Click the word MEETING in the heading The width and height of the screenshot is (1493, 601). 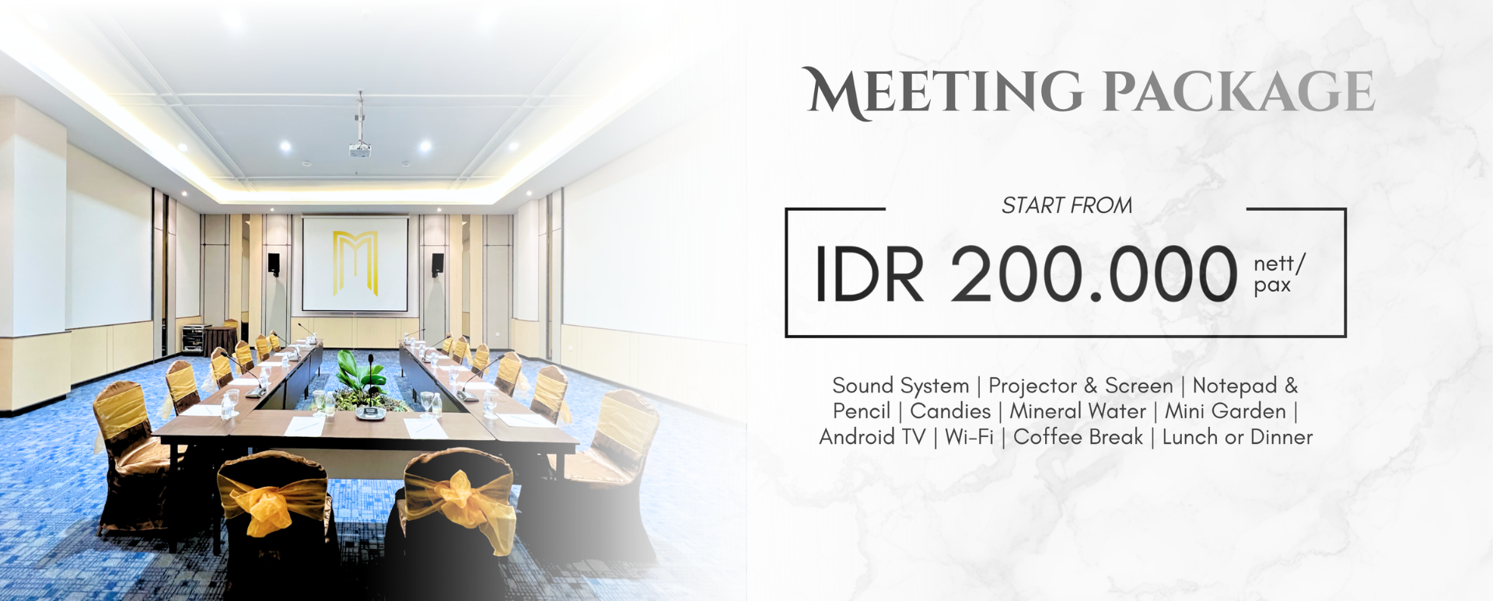[x=942, y=92]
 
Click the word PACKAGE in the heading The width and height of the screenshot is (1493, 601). [x=1239, y=92]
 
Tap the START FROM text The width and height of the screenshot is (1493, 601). [x=1066, y=205]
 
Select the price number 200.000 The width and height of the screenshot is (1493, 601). [x=1093, y=274]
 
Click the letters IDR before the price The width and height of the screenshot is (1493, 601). [x=869, y=274]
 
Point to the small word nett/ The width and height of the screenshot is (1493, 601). [x=1279, y=263]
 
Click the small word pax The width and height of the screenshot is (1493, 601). [x=1272, y=285]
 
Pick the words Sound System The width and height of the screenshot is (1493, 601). [x=900, y=386]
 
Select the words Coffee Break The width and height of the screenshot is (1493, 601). [x=1078, y=437]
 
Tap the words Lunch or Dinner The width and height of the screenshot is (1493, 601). [x=1237, y=437]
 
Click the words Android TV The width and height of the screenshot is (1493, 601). [x=872, y=437]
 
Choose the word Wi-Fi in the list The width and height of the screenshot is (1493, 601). [x=969, y=437]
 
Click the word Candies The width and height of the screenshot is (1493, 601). [x=950, y=411]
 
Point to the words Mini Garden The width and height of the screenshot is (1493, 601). [x=1225, y=411]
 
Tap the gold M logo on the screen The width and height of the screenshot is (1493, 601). [x=355, y=263]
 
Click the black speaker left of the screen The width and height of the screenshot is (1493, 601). [x=274, y=264]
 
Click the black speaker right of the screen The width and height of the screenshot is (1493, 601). [x=438, y=264]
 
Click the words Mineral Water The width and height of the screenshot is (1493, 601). [x=1078, y=411]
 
